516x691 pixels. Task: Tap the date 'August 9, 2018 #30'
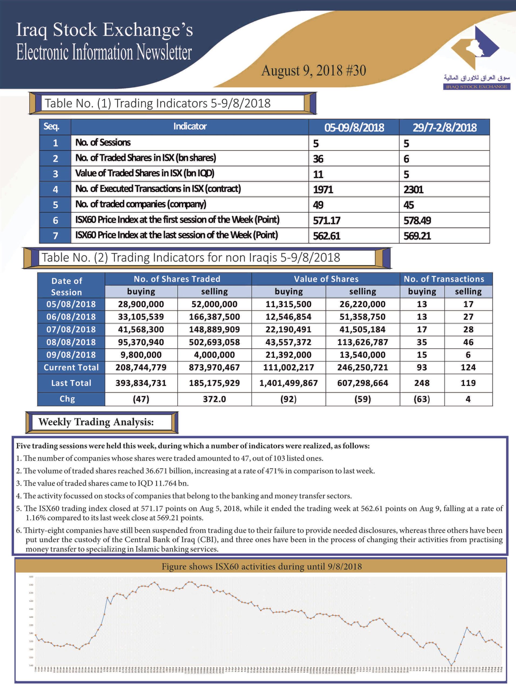pos(313,70)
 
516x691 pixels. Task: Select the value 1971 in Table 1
pos(323,189)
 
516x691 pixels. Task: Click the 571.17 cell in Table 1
pos(327,221)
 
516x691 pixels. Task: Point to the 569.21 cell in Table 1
pos(417,236)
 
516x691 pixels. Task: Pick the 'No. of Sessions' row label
pos(103,143)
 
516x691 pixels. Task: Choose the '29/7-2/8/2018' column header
pos(444,127)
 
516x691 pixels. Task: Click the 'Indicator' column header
pos(190,127)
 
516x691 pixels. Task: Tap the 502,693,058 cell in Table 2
pos(214,342)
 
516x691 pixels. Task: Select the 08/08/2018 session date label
pos(71,342)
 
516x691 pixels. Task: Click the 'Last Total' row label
pos(71,383)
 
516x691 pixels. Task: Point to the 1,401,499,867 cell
pos(288,383)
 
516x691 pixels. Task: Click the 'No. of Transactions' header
pos(444,279)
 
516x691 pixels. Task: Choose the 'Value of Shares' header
pos(326,279)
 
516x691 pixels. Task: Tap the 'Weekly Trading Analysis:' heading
pos(96,422)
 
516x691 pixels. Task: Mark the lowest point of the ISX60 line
pos(451,665)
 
